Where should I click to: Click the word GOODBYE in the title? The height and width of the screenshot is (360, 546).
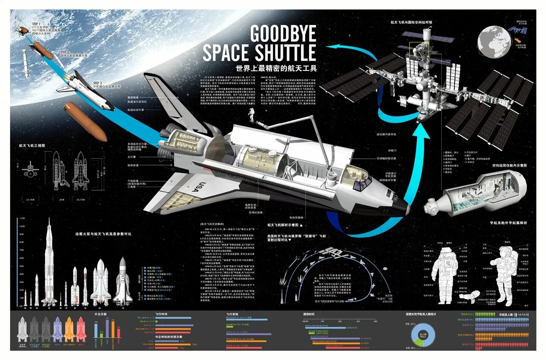283,34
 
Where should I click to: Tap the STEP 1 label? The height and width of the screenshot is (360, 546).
36,24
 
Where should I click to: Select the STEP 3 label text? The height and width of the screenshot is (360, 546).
97,83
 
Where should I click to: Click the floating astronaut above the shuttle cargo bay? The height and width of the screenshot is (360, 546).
251,114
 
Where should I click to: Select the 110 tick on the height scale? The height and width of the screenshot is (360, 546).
22,218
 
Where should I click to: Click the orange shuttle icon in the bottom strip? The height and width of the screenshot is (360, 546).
69,330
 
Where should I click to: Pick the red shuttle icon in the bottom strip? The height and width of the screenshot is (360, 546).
81,330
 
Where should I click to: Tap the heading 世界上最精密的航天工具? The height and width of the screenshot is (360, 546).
276,69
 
